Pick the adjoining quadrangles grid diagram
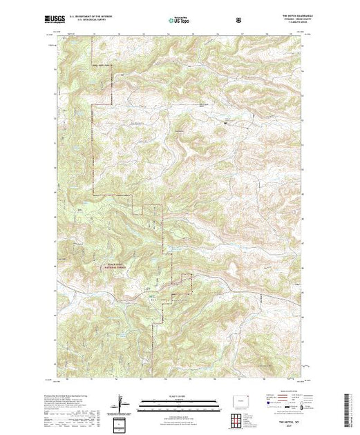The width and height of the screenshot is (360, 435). pyautogui.click(x=239, y=418)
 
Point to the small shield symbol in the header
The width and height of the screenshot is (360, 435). pyautogui.click(x=239, y=20)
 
